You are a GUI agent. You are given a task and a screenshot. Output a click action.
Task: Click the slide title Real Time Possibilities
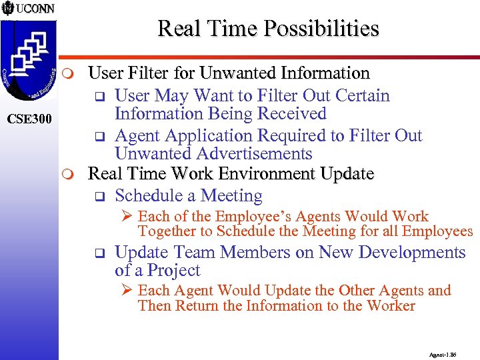click(x=268, y=29)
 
